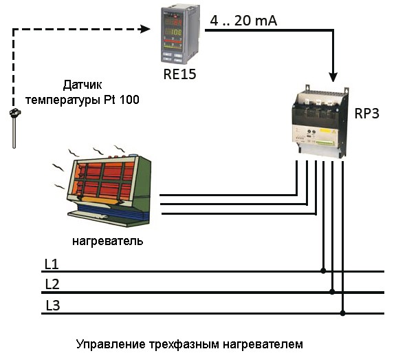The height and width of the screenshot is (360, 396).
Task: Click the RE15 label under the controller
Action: tap(179, 74)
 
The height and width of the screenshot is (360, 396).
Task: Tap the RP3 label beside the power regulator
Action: tap(366, 114)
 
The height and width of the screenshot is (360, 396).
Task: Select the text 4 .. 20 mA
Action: tap(243, 21)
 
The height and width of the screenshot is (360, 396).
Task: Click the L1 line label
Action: tap(52, 264)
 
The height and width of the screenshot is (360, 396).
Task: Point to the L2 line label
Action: tap(52, 284)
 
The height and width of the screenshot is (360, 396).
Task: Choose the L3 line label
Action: tap(53, 305)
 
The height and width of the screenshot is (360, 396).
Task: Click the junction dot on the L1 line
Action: tap(323, 271)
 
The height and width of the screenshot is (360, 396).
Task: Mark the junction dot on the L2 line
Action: tap(332, 292)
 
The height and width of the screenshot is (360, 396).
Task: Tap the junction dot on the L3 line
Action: tap(342, 313)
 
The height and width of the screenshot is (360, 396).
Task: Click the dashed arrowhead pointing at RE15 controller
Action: tap(145, 29)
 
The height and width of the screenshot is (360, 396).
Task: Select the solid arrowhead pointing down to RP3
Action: tap(333, 76)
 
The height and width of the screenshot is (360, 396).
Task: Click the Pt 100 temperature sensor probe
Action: tap(14, 128)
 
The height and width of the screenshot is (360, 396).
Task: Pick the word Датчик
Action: tap(82, 85)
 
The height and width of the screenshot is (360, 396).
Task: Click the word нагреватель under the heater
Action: tap(108, 241)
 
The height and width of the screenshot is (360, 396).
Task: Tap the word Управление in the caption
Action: tap(111, 344)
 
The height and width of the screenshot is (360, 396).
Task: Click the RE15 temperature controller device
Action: tap(180, 35)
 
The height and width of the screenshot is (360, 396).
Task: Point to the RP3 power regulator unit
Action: tap(320, 122)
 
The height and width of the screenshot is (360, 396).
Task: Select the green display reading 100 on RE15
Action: tap(173, 32)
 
